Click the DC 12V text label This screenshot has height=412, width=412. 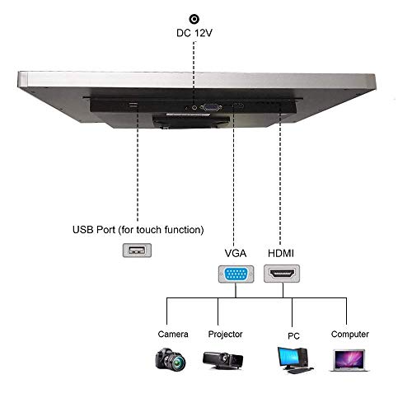pyautogui.click(x=194, y=34)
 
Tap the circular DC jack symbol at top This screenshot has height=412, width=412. pyautogui.click(x=194, y=18)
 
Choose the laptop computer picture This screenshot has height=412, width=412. pyautogui.click(x=349, y=358)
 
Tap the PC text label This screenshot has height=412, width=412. pyautogui.click(x=293, y=335)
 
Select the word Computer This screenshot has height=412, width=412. pyautogui.click(x=349, y=335)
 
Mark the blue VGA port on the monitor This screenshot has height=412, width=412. pyautogui.click(x=211, y=106)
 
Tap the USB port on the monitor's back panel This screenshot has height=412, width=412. pyautogui.click(x=133, y=105)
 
